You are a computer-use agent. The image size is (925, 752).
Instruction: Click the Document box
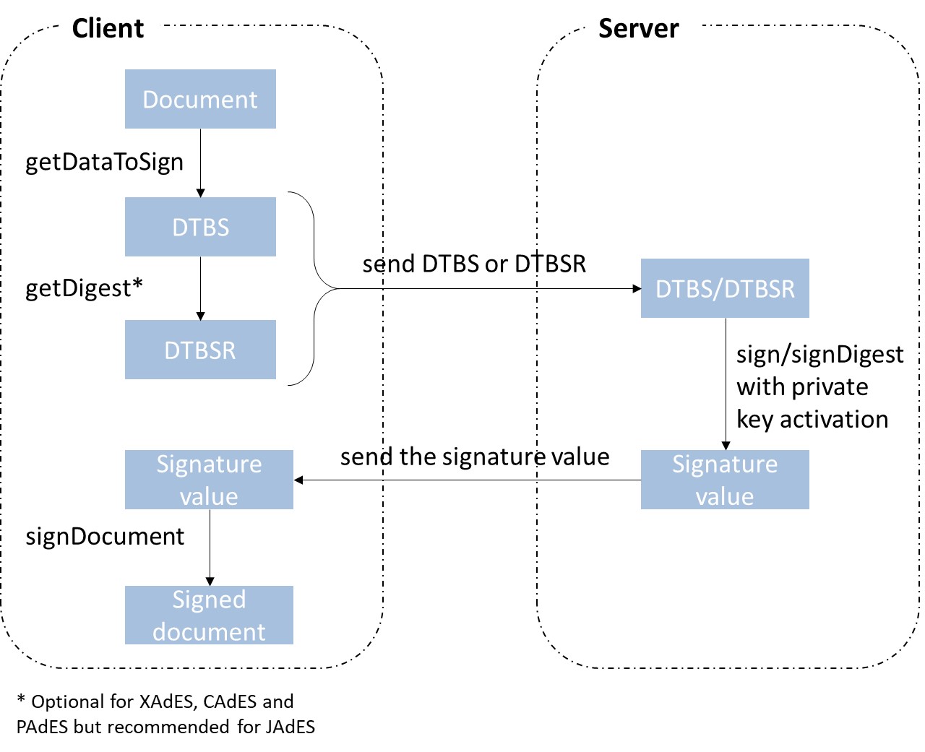pos(200,99)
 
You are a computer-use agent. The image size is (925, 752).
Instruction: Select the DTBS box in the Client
pos(200,227)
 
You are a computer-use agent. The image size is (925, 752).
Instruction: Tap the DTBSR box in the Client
pos(200,350)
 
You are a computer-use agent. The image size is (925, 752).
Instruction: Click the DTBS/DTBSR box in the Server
pos(725,288)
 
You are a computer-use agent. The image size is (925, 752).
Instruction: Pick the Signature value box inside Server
pos(725,480)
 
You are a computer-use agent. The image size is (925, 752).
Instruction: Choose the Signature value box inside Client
pos(209,480)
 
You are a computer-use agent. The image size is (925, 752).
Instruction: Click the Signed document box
pos(209,615)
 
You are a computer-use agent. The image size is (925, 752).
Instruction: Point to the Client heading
pos(108,28)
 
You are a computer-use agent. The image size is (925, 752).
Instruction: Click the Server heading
pos(638,28)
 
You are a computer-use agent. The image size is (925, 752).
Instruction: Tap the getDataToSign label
pos(104,162)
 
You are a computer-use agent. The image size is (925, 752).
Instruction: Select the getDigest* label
pos(84,288)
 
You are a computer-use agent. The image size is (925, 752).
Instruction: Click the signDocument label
pos(105,536)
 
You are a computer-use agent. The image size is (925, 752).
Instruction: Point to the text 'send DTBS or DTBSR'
pos(474,264)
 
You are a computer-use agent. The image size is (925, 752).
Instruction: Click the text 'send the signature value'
pos(475,457)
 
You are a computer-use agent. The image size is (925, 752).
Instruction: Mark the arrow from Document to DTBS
pos(201,163)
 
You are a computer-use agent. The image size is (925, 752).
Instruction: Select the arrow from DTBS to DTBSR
pos(201,288)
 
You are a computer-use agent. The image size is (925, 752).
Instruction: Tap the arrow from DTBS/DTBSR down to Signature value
pos(726,383)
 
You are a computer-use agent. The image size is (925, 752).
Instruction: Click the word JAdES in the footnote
pos(290,726)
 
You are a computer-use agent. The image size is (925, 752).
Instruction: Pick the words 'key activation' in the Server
pos(812,419)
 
